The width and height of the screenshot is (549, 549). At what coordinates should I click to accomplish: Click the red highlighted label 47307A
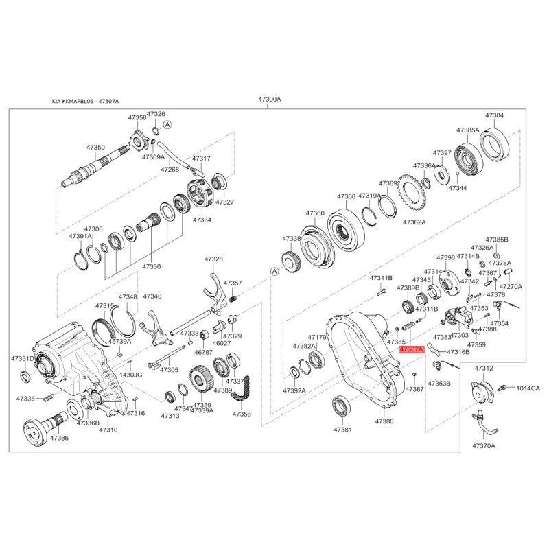point(411,349)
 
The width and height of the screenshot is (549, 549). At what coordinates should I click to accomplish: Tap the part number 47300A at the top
point(270,99)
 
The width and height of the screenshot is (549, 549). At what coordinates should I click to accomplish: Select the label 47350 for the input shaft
point(95,148)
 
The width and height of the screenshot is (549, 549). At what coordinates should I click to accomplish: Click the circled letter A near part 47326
point(167,124)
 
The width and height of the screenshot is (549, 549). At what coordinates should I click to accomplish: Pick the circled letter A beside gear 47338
point(274,271)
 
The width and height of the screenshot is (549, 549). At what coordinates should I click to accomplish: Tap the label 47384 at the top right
point(494,115)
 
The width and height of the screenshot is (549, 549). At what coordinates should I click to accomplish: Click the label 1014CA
point(528,388)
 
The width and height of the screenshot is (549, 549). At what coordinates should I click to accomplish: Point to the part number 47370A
point(484,445)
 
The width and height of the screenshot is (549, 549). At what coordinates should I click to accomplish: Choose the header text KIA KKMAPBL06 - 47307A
point(85,101)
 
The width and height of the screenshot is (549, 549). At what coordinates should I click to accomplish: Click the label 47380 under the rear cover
point(384,421)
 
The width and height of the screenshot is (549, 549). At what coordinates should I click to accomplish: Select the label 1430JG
point(131,375)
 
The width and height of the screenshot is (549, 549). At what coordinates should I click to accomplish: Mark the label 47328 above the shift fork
point(213,259)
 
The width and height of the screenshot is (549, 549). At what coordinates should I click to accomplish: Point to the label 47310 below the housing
point(108,430)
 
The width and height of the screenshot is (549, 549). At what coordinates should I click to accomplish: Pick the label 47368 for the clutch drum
point(347,197)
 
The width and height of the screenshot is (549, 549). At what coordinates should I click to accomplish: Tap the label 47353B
point(439,384)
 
